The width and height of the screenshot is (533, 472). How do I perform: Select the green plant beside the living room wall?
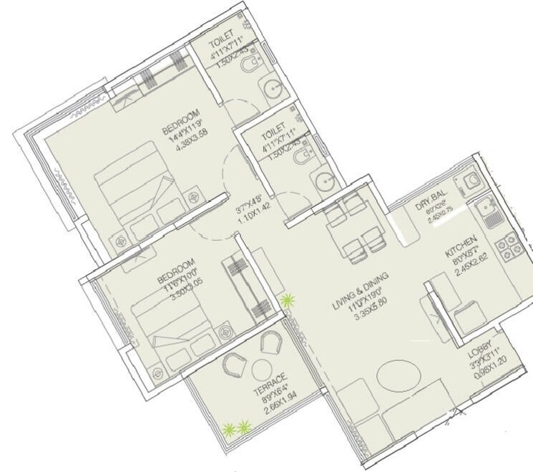[288, 301]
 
